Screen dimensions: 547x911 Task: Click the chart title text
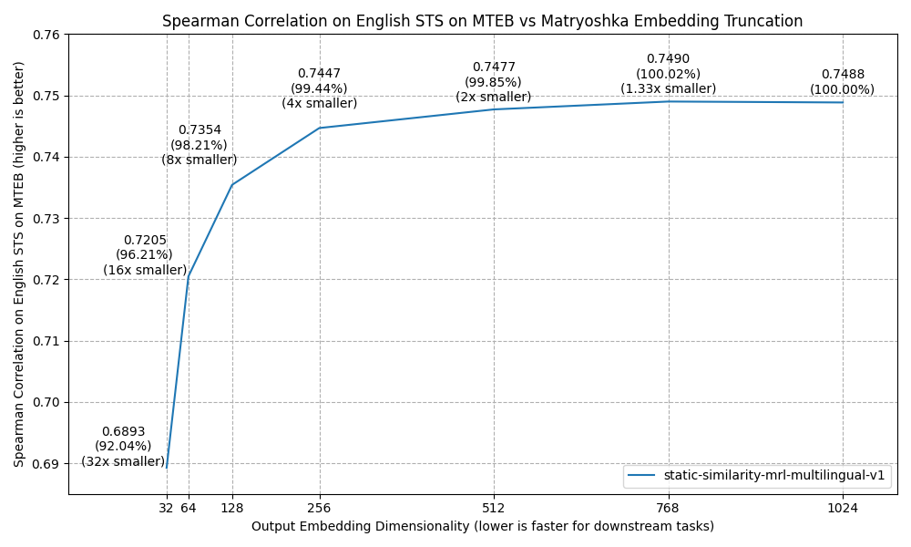coord(483,21)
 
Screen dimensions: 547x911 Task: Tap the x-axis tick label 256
coord(319,508)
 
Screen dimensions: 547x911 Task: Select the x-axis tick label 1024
coord(843,508)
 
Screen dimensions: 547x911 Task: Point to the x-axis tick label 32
coord(166,508)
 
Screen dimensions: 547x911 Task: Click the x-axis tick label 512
coord(494,508)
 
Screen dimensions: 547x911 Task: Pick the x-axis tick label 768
coord(668,508)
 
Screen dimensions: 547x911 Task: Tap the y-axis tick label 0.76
coord(46,35)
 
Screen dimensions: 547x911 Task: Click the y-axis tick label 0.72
coord(46,280)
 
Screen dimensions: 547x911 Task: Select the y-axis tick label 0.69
coord(46,464)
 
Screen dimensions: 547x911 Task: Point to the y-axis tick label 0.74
coord(46,158)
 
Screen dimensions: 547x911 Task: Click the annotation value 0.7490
coord(668,59)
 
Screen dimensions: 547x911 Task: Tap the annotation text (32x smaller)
coord(123,461)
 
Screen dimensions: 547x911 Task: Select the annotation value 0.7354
coord(200,130)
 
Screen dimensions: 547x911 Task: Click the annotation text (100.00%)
coord(843,89)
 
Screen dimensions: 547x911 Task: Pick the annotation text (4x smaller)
coord(319,103)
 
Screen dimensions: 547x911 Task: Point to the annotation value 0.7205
coord(145,241)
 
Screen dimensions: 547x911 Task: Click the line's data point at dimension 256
coord(319,128)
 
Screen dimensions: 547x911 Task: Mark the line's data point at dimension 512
coord(494,109)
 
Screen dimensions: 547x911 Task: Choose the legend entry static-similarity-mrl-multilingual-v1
coord(774,475)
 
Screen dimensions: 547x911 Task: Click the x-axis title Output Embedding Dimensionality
coord(483,526)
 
